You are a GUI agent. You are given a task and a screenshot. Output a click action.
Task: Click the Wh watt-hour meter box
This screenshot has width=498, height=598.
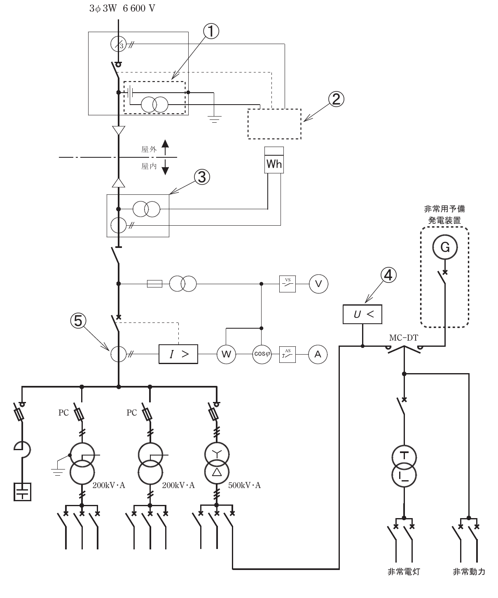click(x=274, y=160)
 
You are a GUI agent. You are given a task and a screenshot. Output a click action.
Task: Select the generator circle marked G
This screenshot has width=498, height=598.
click(x=445, y=247)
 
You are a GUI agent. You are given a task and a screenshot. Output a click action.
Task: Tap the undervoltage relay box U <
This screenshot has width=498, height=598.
click(x=362, y=314)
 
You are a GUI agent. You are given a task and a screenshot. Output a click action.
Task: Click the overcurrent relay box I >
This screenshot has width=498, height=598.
click(x=178, y=354)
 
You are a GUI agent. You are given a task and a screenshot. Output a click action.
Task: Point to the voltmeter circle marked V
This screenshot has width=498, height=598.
click(x=318, y=284)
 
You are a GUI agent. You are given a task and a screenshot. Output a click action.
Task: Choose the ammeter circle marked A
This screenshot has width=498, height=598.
click(x=318, y=354)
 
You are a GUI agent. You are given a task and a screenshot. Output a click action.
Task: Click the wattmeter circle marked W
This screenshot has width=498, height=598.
click(x=227, y=354)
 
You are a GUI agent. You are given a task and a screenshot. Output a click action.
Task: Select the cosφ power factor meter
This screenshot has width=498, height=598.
click(x=262, y=354)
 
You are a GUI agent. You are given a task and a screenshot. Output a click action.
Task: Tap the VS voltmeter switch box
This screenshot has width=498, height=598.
click(x=288, y=284)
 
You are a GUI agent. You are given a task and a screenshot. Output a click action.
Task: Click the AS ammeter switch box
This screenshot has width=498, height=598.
click(x=288, y=355)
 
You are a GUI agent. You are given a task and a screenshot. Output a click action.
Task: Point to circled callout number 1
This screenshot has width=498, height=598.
click(x=211, y=31)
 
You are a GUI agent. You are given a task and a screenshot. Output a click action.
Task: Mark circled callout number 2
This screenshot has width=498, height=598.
click(x=336, y=99)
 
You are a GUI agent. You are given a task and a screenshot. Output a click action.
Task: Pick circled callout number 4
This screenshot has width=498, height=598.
click(x=388, y=275)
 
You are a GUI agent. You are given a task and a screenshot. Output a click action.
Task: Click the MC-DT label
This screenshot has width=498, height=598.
click(x=403, y=338)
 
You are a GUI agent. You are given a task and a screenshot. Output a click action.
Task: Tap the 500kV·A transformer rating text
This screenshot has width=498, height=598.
click(x=244, y=485)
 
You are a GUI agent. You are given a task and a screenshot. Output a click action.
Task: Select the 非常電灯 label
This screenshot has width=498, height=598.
click(x=404, y=572)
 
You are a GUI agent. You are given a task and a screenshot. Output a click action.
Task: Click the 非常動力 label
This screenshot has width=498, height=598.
click(x=469, y=572)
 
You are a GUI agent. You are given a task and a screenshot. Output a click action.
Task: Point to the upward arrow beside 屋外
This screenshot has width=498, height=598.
click(x=165, y=147)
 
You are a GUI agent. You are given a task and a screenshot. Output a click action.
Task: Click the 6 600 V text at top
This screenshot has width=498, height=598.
click(x=139, y=8)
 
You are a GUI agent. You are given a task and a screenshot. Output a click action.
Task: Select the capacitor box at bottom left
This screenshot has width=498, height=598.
click(x=22, y=492)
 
